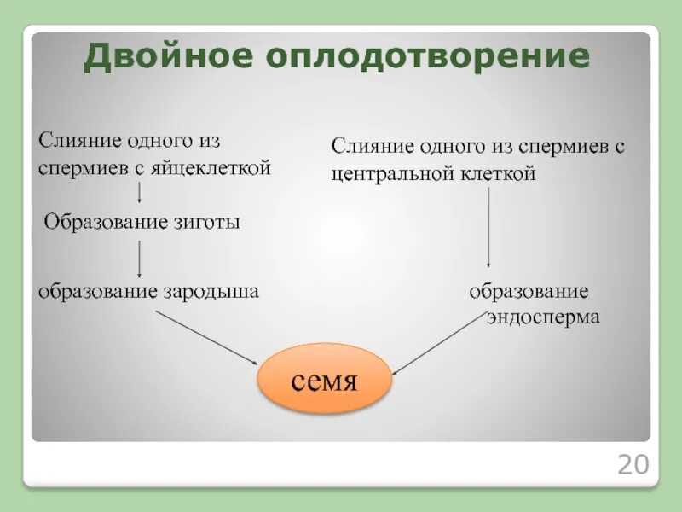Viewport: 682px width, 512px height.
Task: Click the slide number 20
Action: click(x=633, y=465)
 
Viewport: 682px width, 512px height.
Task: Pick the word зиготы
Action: click(x=210, y=223)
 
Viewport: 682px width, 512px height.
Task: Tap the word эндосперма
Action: click(x=543, y=317)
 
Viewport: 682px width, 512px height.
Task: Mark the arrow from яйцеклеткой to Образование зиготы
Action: click(x=139, y=193)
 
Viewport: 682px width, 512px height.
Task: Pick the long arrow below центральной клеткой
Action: click(x=488, y=228)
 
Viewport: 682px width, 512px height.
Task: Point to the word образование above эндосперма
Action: click(x=529, y=291)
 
